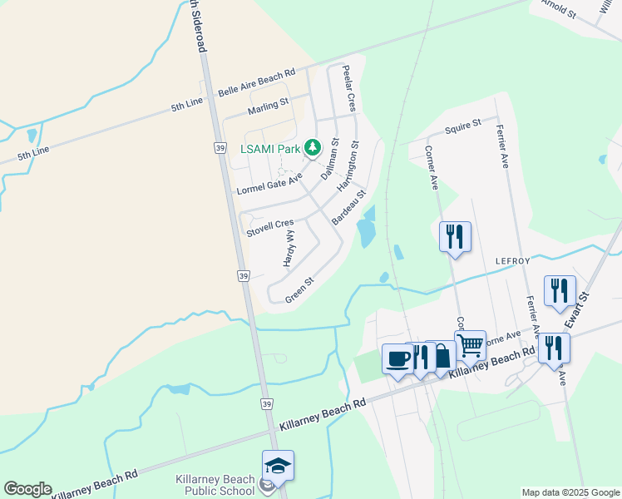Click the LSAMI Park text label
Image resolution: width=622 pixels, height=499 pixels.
[x=269, y=149]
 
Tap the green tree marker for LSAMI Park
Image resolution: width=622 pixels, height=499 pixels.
[x=313, y=149]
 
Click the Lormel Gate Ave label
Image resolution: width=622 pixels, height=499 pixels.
[x=269, y=184]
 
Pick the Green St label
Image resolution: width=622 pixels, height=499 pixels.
[x=299, y=289]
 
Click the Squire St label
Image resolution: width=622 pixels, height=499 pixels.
[x=463, y=126]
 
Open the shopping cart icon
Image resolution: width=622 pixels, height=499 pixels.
[x=470, y=344]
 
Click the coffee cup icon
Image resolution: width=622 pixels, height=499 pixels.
[x=397, y=358]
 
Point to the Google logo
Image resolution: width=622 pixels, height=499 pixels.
[x=27, y=489]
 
